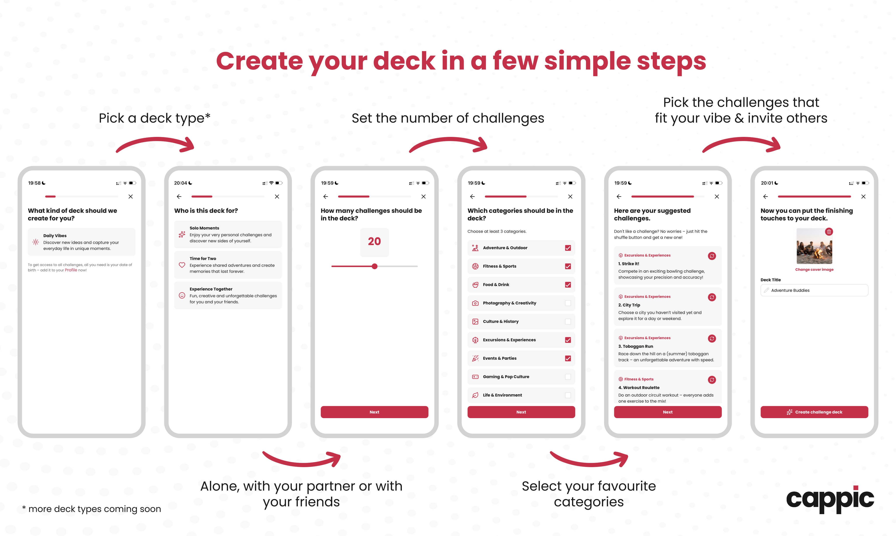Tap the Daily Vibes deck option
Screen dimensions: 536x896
(81, 242)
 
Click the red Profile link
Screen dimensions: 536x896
(71, 270)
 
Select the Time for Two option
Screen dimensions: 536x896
(228, 265)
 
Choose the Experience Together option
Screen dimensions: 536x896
(228, 295)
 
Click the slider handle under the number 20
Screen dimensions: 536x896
(375, 266)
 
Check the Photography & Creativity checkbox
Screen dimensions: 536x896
(568, 303)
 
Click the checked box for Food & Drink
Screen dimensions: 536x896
(568, 285)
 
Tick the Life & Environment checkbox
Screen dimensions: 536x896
(568, 395)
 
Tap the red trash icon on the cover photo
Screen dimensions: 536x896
(829, 232)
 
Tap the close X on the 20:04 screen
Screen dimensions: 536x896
(277, 196)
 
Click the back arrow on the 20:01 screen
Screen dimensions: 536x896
(765, 196)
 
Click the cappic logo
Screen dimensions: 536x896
(830, 499)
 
